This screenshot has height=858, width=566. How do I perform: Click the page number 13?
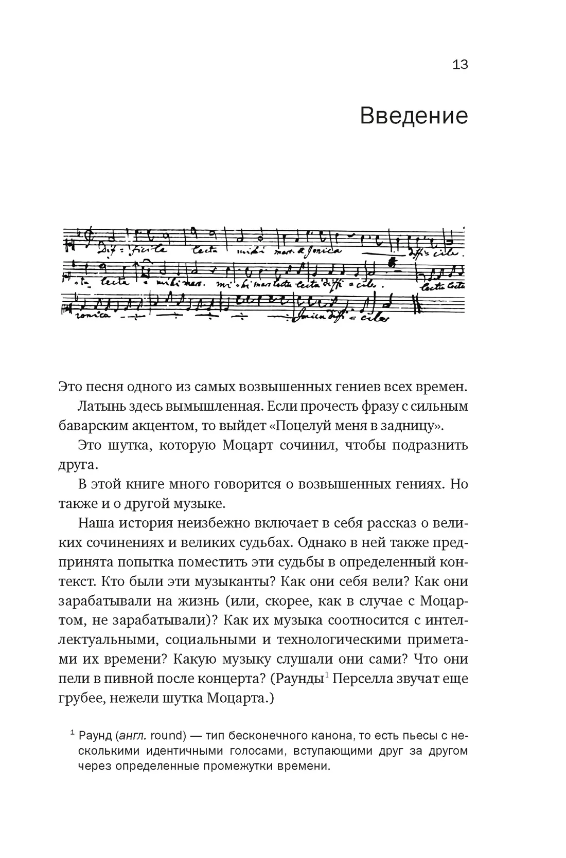[x=459, y=65]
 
